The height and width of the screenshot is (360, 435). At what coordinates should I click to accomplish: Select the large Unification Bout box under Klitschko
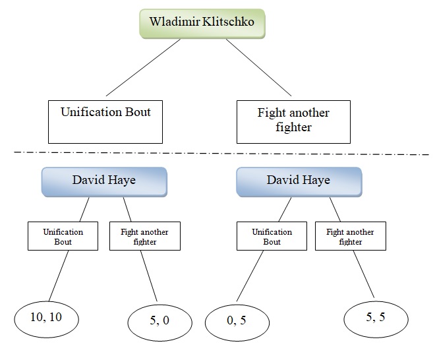point(105,121)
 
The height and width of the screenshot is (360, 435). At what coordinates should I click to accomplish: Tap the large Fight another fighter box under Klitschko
point(293,121)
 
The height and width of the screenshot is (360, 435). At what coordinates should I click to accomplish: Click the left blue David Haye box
point(105,181)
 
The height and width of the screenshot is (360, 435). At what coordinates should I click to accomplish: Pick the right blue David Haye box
point(299,181)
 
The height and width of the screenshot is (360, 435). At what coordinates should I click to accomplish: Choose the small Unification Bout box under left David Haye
point(63,236)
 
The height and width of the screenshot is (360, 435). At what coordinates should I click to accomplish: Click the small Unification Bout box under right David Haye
point(272,236)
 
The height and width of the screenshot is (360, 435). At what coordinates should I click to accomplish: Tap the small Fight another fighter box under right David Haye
point(350,236)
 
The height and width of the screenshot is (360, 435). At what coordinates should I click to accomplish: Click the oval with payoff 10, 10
point(46,318)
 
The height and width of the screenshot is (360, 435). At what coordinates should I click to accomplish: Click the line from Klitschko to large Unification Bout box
point(143,67)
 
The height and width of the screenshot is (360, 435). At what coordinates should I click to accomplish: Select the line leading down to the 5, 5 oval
point(364,276)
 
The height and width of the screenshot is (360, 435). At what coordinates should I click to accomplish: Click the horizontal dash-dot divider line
point(217,154)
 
